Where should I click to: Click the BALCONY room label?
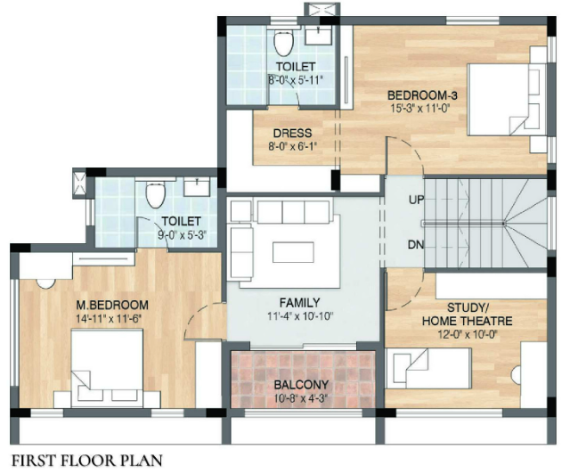pos(301,385)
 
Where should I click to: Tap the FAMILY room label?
pos(299,303)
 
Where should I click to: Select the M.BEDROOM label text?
pos(112,305)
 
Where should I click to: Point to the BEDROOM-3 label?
pos(421,95)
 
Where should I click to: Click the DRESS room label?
pos(292,133)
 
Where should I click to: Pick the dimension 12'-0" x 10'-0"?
pos(467,334)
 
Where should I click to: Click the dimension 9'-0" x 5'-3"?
pos(182,234)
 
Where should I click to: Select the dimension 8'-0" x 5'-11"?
pos(296,79)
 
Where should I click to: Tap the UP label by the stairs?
pos(416,200)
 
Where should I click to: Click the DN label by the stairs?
pos(416,244)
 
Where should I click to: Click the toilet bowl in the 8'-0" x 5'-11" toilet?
pos(283,43)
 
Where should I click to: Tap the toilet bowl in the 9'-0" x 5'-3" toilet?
pos(156,194)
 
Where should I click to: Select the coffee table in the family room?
pos(293,252)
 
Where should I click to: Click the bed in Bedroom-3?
pos(507,100)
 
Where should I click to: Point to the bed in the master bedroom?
pos(107,368)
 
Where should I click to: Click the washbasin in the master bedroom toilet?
pos(197,187)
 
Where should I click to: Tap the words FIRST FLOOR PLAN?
pos(87,461)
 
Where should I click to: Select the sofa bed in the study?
pos(428,368)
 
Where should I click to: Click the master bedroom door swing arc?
pos(196,316)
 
